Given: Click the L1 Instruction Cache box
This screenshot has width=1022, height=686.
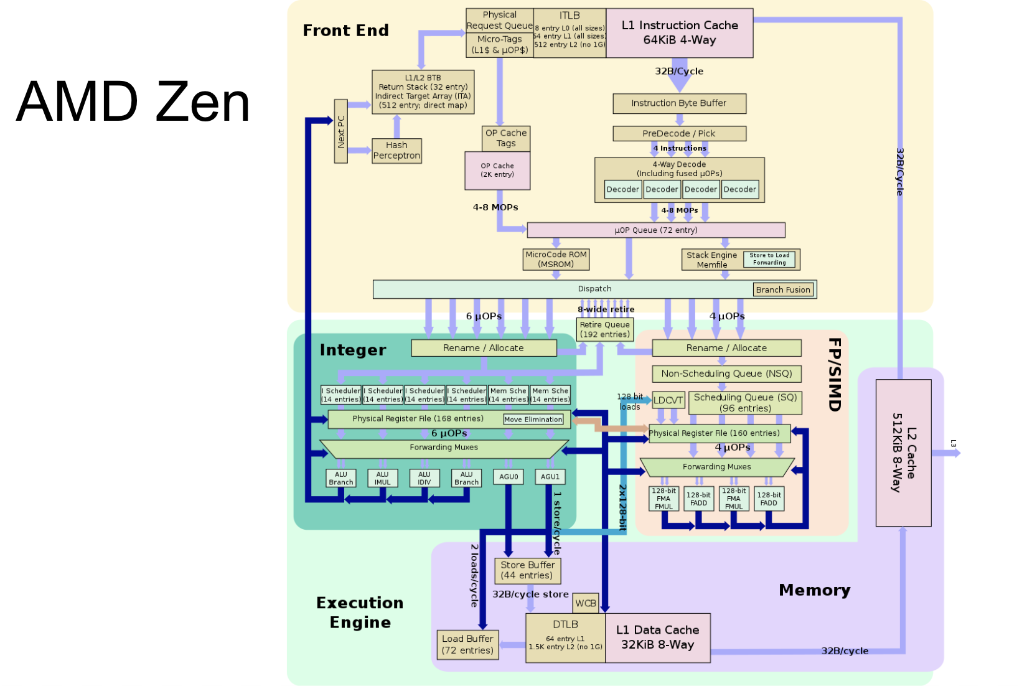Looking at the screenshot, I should [679, 33].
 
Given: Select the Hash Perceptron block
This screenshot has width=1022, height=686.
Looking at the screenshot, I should [396, 151].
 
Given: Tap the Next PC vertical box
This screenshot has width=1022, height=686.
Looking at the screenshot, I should [340, 131].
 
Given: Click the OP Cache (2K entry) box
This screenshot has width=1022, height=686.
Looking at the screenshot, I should [497, 171].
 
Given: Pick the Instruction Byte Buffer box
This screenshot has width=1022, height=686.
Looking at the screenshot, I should [678, 103].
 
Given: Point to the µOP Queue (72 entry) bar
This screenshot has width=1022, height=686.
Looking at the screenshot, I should [655, 230].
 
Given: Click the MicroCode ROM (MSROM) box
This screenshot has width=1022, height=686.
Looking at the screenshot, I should [556, 259].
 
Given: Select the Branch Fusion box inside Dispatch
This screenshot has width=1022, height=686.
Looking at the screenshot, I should [782, 289].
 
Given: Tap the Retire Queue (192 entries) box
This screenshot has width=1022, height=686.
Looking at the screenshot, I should [604, 329].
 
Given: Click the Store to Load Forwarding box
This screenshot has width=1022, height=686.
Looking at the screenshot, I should [769, 259].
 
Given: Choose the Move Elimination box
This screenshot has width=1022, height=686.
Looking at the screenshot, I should [533, 420].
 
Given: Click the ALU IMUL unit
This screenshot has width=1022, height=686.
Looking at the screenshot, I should [382, 478].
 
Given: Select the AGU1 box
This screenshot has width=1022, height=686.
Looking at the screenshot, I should [550, 477].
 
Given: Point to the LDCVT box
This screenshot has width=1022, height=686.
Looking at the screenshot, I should [668, 400].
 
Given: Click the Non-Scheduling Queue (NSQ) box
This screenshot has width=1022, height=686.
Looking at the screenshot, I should [726, 374].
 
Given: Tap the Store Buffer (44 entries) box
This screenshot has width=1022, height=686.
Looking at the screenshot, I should [527, 570].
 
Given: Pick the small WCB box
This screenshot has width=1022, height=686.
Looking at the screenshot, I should [585, 603].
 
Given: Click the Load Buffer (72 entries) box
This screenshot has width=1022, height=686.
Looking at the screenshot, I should [467, 644].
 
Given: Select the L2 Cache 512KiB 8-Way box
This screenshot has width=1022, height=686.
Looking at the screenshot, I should [903, 453].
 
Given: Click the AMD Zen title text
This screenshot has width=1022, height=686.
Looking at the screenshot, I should [133, 101].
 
